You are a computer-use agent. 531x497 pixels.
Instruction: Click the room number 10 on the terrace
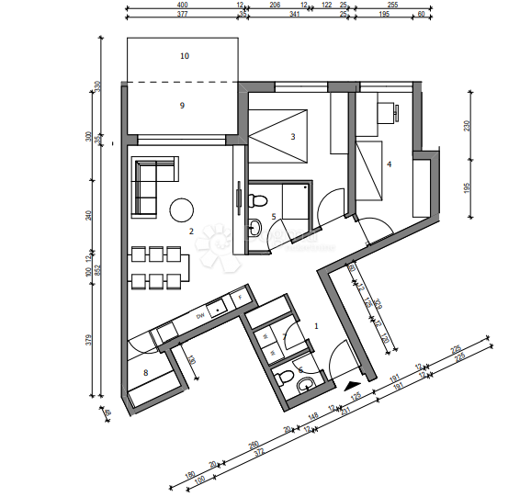[185, 56]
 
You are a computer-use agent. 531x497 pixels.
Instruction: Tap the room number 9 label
[182, 106]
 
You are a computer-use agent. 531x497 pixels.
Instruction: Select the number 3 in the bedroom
[293, 137]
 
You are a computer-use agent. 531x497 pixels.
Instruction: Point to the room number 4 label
[390, 164]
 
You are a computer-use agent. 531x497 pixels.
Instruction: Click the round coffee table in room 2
[181, 209]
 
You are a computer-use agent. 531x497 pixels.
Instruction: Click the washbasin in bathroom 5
[254, 224]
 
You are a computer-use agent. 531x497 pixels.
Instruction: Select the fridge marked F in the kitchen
[240, 299]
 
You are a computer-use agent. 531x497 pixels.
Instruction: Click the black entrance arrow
[349, 386]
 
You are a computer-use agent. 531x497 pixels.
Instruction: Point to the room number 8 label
[145, 372]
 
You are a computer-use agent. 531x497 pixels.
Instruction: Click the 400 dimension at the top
[182, 6]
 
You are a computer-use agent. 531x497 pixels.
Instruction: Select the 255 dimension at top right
[392, 6]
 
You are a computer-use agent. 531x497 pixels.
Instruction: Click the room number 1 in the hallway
[317, 325]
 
